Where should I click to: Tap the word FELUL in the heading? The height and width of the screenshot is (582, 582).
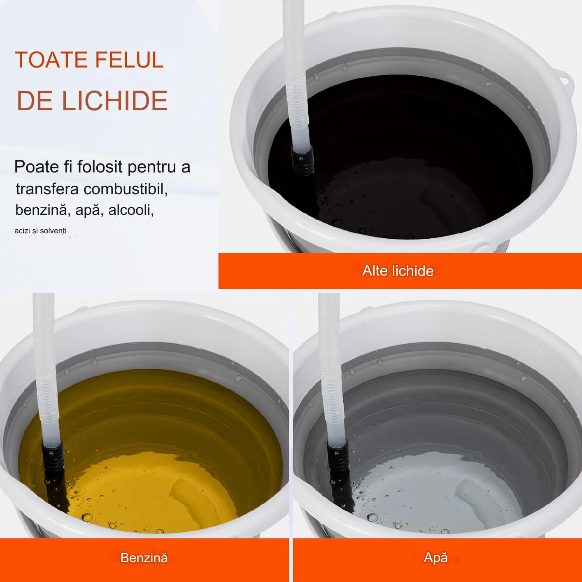point(129,60)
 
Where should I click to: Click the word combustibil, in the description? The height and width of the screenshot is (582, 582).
point(126,189)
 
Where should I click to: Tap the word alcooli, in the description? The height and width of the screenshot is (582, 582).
point(131,210)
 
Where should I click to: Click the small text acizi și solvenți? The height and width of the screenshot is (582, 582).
point(40,231)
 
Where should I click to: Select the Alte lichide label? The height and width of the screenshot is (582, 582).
point(398,271)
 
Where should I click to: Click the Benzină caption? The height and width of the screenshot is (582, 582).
point(144,558)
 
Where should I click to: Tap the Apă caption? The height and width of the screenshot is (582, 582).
point(435,558)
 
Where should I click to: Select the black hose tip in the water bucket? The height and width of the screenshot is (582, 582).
point(338,457)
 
